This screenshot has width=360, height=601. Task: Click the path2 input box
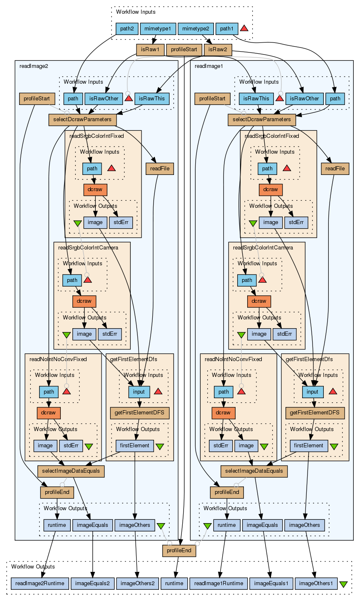click(x=127, y=29)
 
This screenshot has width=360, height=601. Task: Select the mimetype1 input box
click(x=158, y=29)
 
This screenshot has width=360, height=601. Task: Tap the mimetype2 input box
click(x=196, y=29)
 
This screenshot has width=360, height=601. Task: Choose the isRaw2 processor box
click(x=217, y=50)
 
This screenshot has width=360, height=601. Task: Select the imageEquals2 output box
click(x=92, y=584)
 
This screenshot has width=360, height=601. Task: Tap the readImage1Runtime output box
click(x=219, y=584)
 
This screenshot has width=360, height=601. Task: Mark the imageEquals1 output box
click(x=271, y=584)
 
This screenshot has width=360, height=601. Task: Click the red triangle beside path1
click(x=244, y=28)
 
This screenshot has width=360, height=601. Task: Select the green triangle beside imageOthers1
click(x=343, y=584)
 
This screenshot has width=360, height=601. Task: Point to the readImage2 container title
click(x=34, y=66)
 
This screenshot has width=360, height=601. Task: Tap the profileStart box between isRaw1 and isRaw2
click(x=184, y=50)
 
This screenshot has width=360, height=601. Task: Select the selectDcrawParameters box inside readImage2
click(x=83, y=120)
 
